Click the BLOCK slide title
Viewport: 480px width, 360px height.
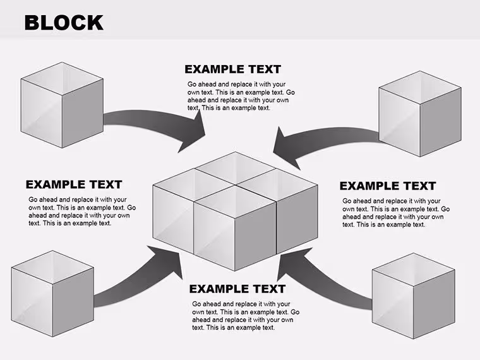64,23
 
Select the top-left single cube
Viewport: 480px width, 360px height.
62,105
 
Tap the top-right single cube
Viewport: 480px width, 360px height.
420,114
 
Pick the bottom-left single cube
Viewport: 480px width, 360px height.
52,294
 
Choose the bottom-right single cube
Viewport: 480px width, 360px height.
413,296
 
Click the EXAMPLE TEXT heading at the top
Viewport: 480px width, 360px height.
232,69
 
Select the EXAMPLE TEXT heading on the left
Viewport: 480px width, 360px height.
74,184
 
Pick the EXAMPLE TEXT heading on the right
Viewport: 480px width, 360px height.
388,186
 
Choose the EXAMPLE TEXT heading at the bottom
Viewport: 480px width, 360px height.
237,289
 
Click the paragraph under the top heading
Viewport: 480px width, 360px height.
241,96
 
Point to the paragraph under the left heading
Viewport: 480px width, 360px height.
82,212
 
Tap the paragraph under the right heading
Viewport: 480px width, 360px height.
396,213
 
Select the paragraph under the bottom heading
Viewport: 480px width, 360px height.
246,316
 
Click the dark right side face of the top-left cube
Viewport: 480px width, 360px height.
83,114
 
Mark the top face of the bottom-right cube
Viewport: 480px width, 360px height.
413,270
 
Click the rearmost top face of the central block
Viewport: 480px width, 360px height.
235,168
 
